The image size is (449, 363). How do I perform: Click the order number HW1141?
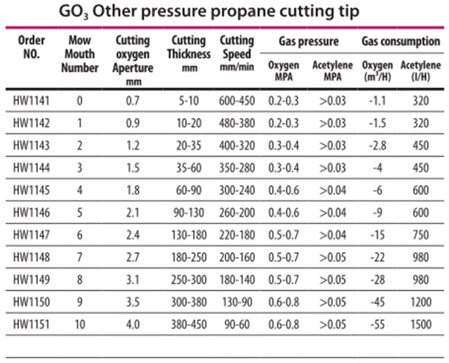[x=31, y=101]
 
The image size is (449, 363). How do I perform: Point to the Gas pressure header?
[x=309, y=41]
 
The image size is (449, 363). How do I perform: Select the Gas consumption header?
[x=401, y=41]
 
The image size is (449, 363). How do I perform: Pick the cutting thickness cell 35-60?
[x=189, y=168]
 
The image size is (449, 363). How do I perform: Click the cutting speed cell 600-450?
[x=236, y=101]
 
